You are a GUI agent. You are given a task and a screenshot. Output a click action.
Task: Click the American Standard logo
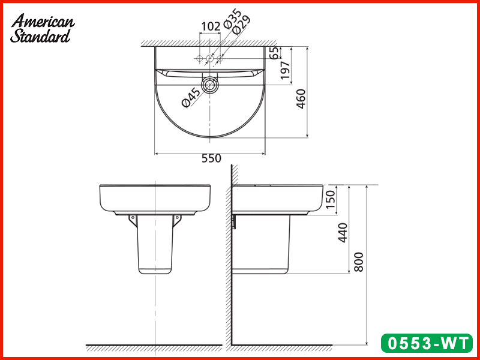pos(43,28)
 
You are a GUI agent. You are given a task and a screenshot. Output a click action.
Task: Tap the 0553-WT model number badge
pos(427,344)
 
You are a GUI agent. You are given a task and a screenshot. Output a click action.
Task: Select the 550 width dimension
pos(211,158)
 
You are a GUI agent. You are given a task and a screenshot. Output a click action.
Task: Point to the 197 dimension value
pos(286,71)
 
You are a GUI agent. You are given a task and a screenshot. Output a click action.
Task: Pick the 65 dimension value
pos(274,53)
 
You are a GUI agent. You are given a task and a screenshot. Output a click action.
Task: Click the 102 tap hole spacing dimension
pos(210,26)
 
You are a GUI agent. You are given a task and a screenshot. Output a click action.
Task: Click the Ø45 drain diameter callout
pos(191,97)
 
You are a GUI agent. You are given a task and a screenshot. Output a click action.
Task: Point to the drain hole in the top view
pos(210,85)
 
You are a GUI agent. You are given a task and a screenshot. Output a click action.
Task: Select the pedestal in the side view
pos(261,246)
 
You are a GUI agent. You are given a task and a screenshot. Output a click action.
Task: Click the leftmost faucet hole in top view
pos(199,59)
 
